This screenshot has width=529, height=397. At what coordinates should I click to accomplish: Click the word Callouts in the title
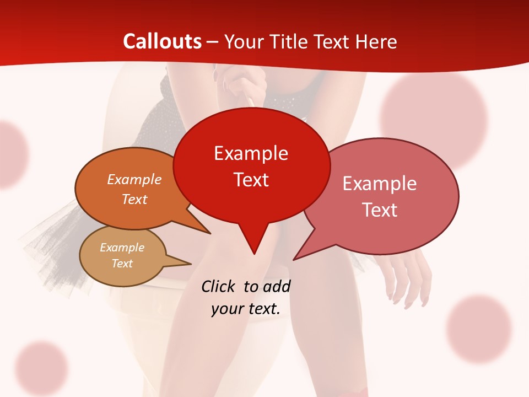[162, 41]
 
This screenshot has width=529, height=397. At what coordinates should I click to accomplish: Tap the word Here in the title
[376, 41]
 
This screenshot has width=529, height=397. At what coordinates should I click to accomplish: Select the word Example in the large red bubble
[251, 153]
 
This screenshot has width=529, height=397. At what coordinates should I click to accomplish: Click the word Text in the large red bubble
[251, 180]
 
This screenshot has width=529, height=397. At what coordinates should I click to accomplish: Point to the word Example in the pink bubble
[379, 184]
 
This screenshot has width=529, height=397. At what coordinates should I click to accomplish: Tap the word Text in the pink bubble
[380, 210]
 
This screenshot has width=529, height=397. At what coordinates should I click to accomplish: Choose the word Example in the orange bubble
[134, 180]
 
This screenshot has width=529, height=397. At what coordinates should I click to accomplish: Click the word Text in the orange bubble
[134, 199]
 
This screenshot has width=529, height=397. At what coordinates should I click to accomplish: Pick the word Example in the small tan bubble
[122, 248]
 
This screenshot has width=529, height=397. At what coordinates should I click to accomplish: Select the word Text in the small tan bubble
[122, 264]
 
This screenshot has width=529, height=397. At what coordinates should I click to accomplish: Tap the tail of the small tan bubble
[185, 263]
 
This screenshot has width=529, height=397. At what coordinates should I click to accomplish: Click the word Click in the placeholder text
[219, 286]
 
